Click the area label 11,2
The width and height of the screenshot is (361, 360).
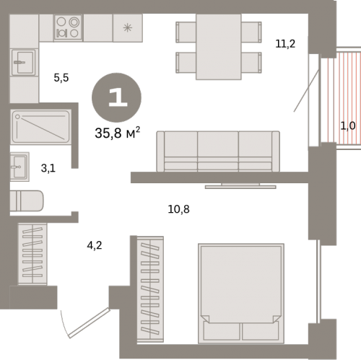tap(285, 44)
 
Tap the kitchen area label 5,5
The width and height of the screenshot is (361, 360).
tap(61, 78)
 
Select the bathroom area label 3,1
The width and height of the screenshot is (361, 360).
tap(48, 168)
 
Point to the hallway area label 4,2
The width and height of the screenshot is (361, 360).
tap(95, 245)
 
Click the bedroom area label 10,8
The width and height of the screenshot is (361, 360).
tap(178, 209)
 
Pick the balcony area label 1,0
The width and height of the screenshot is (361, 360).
tap(348, 126)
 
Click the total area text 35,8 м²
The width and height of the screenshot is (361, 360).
tap(117, 133)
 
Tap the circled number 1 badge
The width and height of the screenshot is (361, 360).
tap(116, 97)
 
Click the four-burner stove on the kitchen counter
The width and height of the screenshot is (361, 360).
tap(68, 27)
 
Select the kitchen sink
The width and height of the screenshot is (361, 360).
tap(24, 62)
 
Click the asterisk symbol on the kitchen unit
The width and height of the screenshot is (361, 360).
tap(128, 28)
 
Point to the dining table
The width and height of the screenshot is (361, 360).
tap(219, 47)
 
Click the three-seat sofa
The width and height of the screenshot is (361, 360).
tap(218, 152)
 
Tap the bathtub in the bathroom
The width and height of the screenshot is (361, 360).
tap(41, 127)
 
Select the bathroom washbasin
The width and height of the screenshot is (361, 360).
tap(19, 167)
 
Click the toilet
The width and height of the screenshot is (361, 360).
tap(27, 201)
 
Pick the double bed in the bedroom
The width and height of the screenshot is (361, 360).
tap(241, 294)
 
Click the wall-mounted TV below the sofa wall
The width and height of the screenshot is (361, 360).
tap(240, 186)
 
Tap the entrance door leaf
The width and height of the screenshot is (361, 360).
tap(90, 323)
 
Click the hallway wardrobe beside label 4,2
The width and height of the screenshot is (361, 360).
tap(32, 254)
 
